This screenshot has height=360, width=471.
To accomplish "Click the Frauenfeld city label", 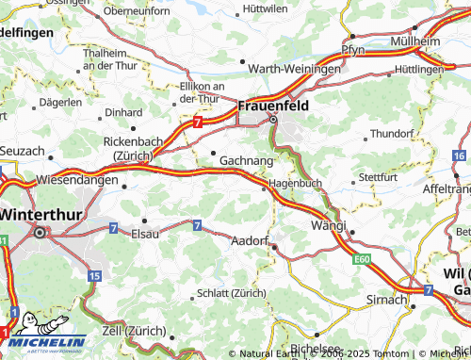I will coord(273,105).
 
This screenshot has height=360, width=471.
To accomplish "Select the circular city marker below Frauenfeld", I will coord(274,120).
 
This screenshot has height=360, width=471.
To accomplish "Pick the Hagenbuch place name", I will coord(296,183).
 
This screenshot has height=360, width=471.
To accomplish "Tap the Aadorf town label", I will coord(250,241).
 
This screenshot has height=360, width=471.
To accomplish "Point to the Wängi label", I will coord(329,226).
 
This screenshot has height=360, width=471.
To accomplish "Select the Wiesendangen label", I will coord(77,179).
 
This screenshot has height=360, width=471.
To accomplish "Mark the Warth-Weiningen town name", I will coord(293,69).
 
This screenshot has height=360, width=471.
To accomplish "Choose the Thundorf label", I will coord(392,134).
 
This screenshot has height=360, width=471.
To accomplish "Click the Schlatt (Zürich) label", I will coord(232,293).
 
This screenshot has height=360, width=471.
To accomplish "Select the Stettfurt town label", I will coord(380,176).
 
